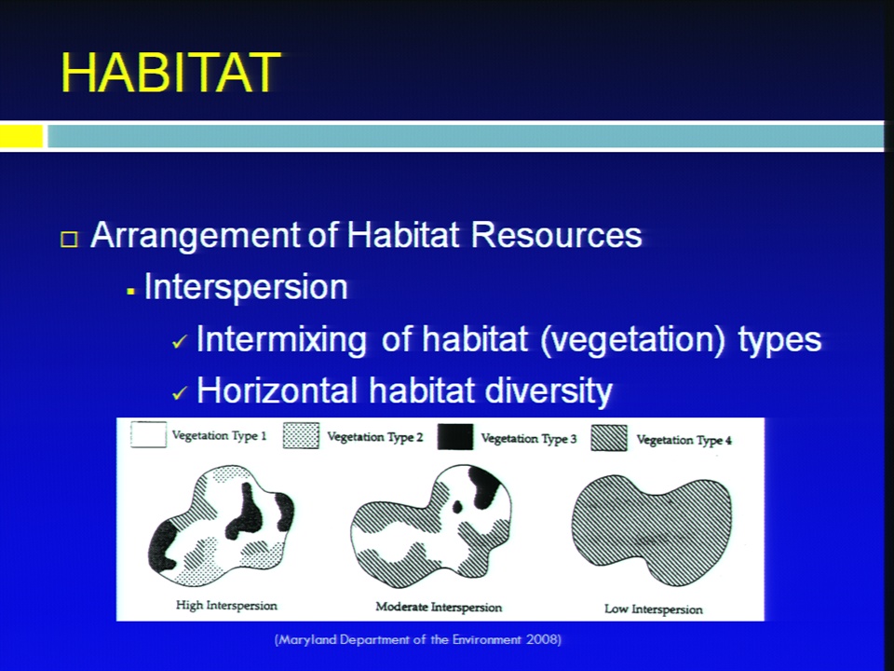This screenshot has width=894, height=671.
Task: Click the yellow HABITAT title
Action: pyautogui.click(x=170, y=73)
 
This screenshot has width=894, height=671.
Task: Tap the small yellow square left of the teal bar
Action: pyautogui.click(x=21, y=136)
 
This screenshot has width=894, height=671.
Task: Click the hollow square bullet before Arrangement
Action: pyautogui.click(x=69, y=240)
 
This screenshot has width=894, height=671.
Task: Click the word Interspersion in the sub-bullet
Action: pyautogui.click(x=246, y=286)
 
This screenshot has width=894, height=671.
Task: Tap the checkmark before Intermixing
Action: pyautogui.click(x=180, y=341)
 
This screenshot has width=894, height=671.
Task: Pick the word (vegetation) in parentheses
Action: pyautogui.click(x=632, y=339)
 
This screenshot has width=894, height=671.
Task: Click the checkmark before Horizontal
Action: pyautogui.click(x=180, y=392)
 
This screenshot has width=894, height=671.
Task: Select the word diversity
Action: pyautogui.click(x=548, y=391)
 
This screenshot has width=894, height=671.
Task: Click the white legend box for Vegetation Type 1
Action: pyautogui.click(x=148, y=435)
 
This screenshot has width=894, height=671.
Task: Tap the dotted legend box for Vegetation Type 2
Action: pyautogui.click(x=301, y=436)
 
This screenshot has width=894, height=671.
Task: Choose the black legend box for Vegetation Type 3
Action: pyautogui.click(x=455, y=437)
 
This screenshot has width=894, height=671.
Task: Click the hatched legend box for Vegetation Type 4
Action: pyautogui.click(x=609, y=438)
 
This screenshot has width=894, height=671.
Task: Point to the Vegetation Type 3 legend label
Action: pyautogui.click(x=529, y=439)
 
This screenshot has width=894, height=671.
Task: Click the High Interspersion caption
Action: pyautogui.click(x=226, y=606)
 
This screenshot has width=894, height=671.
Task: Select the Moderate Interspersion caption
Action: pyautogui.click(x=439, y=607)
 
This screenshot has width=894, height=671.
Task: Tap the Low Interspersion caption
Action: pyautogui.click(x=654, y=609)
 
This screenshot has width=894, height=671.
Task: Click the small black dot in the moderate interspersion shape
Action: pyautogui.click(x=457, y=507)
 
